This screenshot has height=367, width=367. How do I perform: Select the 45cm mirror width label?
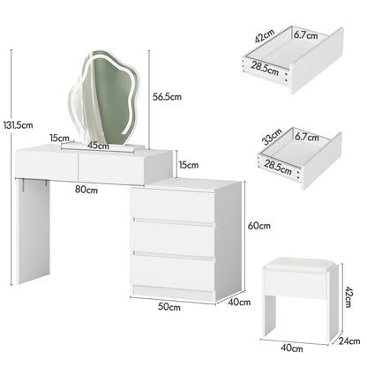(98, 145)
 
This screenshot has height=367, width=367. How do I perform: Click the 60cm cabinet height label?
(259, 226)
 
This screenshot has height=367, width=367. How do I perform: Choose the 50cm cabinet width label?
(169, 307)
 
